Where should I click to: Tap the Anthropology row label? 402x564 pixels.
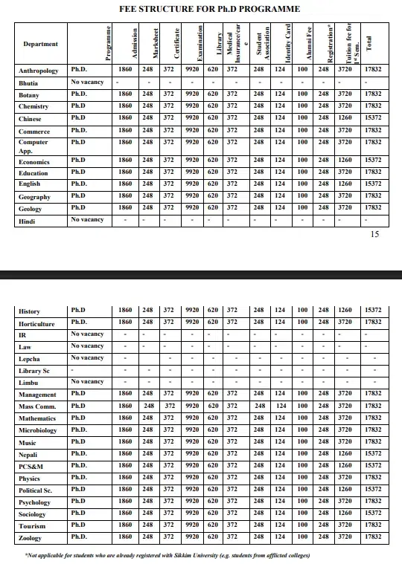coord(38,71)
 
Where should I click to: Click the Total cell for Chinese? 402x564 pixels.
coord(374,118)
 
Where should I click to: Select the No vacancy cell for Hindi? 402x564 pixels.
coord(87,220)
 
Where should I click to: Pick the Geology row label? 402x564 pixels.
coord(31,210)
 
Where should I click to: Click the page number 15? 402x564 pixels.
coord(374,235)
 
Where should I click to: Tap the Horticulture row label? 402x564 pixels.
coord(36,324)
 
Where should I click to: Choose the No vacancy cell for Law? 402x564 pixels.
coord(87,346)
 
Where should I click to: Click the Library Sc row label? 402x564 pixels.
coord(34,371)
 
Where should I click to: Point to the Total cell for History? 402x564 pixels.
coord(374,311)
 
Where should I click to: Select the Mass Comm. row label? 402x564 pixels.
coord(37,406)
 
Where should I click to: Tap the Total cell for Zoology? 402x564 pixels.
coord(374,537)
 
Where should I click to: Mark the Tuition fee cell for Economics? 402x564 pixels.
coord(345,160)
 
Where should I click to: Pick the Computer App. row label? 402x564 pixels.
coord(33,146)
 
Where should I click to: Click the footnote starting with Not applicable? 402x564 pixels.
coord(167,554)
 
